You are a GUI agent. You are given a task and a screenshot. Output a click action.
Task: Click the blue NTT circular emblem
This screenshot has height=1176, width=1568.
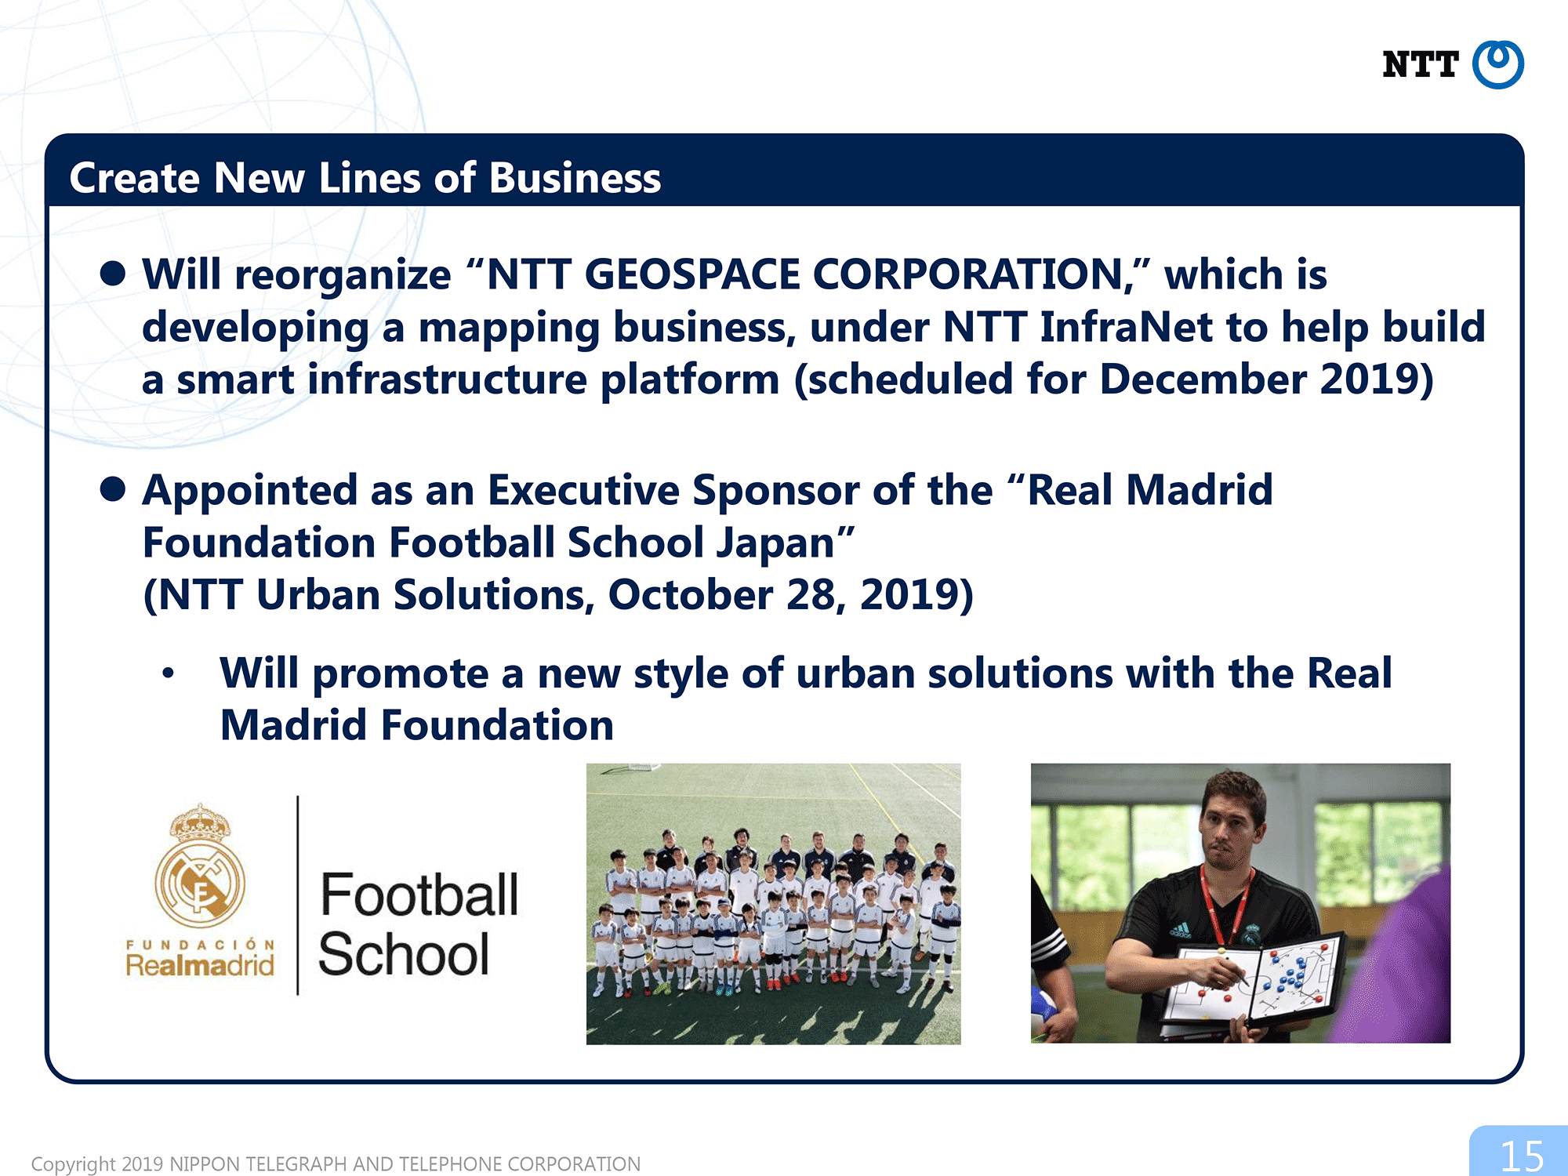click(1497, 64)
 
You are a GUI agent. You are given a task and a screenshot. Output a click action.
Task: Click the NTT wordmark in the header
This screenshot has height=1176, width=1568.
click(1420, 64)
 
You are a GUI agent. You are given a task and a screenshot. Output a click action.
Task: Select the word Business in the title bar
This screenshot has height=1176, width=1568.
click(575, 178)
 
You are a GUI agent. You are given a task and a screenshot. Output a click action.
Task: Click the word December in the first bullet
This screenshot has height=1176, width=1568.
click(1203, 379)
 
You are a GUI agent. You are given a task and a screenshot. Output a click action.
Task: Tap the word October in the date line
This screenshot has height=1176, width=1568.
click(691, 594)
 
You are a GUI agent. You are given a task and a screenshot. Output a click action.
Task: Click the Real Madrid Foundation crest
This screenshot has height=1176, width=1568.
click(200, 866)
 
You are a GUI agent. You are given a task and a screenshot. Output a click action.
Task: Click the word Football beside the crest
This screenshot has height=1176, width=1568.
click(419, 895)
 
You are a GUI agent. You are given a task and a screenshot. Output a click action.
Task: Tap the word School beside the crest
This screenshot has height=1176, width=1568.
click(404, 954)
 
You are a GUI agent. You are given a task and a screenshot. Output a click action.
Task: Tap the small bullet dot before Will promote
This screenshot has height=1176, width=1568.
click(168, 673)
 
